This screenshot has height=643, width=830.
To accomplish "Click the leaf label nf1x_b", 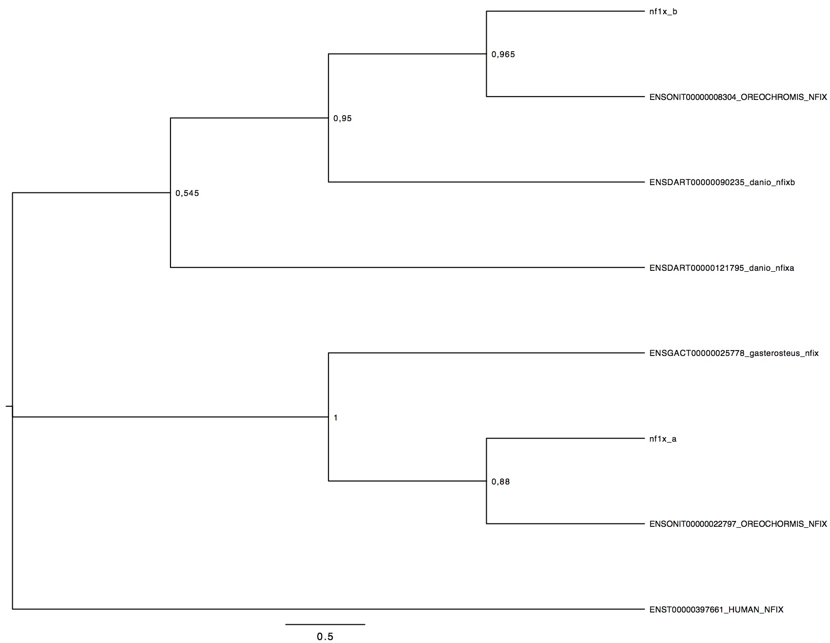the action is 663,12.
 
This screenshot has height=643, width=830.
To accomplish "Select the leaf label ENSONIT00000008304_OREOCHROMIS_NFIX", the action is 738,97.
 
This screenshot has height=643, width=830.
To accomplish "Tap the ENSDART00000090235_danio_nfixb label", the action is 722,183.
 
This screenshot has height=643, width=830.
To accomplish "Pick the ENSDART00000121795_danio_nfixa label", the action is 722,268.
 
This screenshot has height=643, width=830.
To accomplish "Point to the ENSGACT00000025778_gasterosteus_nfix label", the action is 734,353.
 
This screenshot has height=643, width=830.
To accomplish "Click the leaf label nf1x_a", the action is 663,439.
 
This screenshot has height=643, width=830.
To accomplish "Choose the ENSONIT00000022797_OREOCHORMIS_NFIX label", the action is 738,524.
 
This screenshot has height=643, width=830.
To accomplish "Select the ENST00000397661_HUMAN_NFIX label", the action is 716,610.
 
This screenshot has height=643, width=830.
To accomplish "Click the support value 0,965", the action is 503,55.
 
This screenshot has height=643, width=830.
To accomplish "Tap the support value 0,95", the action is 342,119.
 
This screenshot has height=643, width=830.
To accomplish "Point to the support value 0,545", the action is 187,193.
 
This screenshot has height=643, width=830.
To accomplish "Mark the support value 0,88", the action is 500,482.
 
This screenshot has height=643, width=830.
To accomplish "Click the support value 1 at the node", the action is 335,418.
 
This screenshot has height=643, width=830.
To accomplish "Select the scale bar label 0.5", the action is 325,637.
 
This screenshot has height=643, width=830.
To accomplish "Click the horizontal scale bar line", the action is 325,624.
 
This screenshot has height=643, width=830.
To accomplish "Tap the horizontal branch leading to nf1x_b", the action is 565,11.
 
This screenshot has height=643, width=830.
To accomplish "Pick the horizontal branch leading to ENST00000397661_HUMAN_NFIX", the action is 329,609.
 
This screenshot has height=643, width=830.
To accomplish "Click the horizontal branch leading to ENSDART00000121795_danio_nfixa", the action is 407,267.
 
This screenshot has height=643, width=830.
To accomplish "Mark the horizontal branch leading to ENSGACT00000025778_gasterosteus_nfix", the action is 486,353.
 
